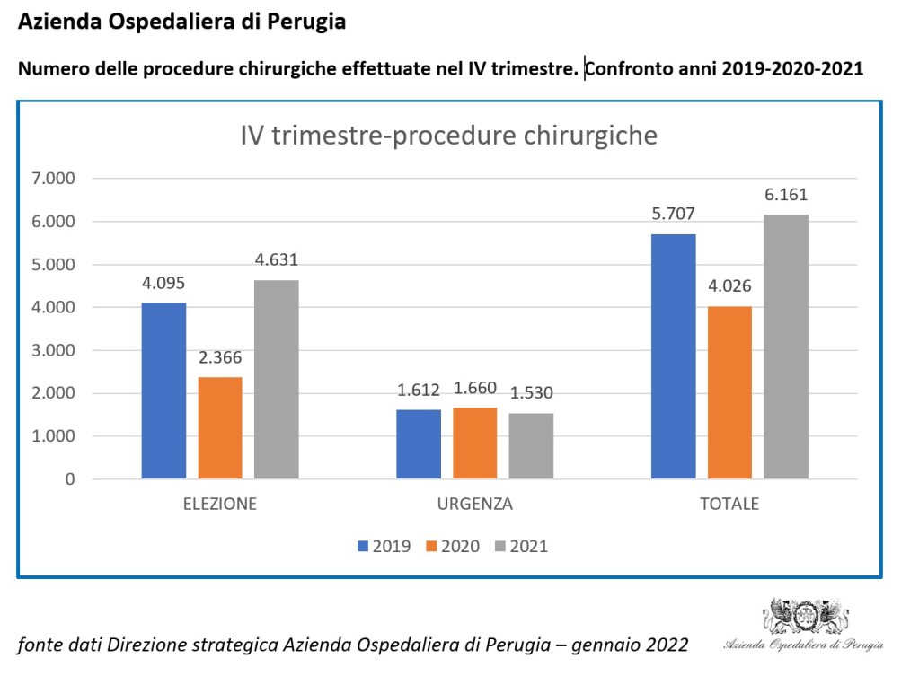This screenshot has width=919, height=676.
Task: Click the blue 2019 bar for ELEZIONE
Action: [x=164, y=391]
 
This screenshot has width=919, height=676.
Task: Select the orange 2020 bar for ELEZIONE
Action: [x=220, y=427]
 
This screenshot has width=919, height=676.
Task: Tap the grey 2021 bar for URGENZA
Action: [x=531, y=446]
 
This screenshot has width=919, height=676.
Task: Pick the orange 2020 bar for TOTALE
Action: [x=729, y=392]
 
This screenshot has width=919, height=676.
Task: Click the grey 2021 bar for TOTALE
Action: [x=785, y=347]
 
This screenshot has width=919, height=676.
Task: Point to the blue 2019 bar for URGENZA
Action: [x=419, y=444]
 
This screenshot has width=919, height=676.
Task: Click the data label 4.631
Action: [x=276, y=260]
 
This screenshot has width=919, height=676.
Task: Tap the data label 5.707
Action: [x=673, y=214]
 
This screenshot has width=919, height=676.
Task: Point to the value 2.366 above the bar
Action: [x=220, y=357]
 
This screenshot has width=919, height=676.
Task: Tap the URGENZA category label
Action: [x=475, y=504]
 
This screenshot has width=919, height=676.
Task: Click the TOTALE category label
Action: [x=729, y=504]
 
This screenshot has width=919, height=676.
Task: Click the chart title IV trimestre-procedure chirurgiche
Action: [x=449, y=136]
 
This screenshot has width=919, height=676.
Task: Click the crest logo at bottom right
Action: [x=804, y=617]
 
